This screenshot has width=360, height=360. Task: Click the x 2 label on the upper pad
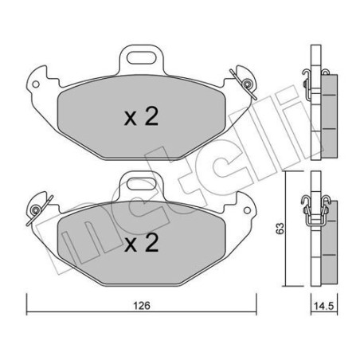[142, 119]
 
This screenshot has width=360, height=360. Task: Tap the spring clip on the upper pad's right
[245, 78]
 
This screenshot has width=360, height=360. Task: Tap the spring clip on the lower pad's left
[37, 210]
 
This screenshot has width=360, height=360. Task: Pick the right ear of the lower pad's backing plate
[247, 209]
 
